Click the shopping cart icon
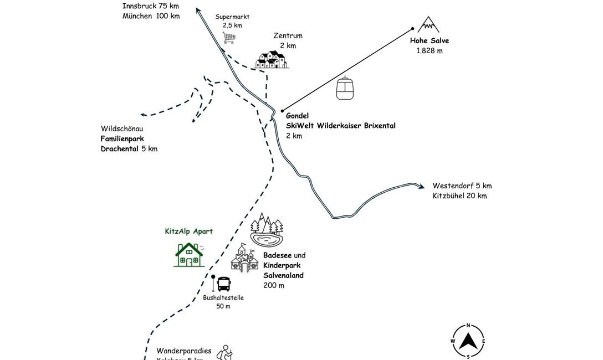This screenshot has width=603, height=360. click(x=229, y=38)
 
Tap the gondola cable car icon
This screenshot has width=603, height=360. click(x=345, y=88)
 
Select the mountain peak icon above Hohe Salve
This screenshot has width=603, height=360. click(x=428, y=24)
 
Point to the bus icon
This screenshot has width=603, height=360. click(x=223, y=284)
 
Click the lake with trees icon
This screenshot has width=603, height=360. click(x=266, y=230)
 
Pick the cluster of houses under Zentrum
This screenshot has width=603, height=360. click(x=272, y=59)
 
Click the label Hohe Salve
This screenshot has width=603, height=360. click(x=430, y=40)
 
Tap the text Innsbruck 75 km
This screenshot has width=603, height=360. click(x=151, y=6)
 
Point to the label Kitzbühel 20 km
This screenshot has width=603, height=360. click(x=459, y=196)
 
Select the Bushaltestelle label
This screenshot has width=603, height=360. click(x=223, y=297)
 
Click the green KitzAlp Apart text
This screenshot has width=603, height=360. click(x=188, y=232)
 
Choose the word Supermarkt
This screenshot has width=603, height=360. click(x=232, y=17)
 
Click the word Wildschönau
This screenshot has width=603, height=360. click(x=122, y=128)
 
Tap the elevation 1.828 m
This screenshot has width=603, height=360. click(x=430, y=50)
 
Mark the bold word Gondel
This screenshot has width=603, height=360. click(x=297, y=116)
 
